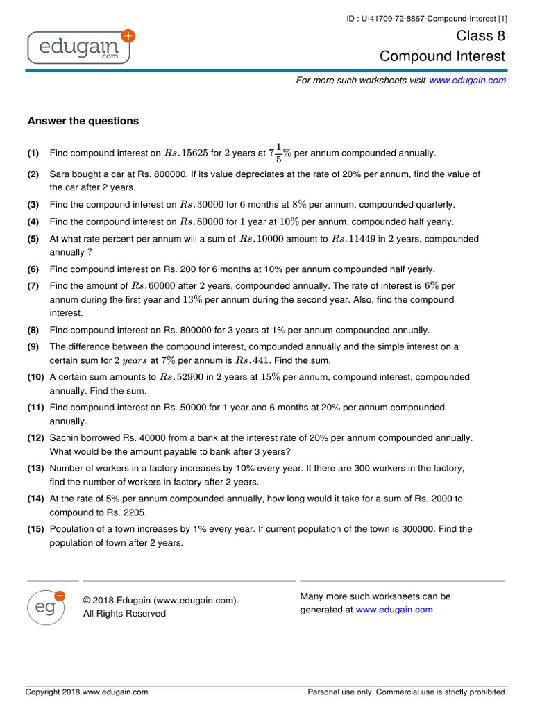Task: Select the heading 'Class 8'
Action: (x=481, y=35)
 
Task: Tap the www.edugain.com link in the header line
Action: (x=467, y=81)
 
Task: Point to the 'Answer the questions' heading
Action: (x=83, y=121)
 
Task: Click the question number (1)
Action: (x=33, y=153)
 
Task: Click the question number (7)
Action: (x=33, y=286)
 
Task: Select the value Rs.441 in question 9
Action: (x=251, y=360)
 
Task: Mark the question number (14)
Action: (x=36, y=499)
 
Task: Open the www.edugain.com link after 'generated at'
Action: (x=394, y=610)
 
